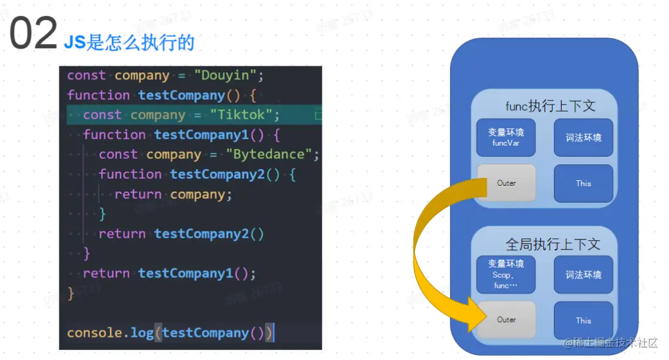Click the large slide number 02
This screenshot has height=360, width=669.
(33, 34)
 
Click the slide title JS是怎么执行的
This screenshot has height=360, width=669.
(129, 42)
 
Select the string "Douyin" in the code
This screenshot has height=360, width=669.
(226, 76)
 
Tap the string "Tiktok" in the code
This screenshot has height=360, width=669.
(245, 115)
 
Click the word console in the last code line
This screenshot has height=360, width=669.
(95, 333)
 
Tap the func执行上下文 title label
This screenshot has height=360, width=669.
(550, 106)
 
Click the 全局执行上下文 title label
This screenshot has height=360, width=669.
(553, 244)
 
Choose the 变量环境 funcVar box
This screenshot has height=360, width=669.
(506, 137)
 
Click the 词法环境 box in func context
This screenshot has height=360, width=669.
(583, 137)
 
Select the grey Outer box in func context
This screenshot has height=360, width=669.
(506, 183)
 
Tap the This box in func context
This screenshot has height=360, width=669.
(583, 183)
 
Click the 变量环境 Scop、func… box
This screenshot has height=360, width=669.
(506, 274)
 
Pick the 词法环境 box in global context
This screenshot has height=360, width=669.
(583, 274)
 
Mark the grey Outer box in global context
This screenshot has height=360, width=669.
(506, 320)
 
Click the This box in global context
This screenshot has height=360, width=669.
(583, 320)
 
